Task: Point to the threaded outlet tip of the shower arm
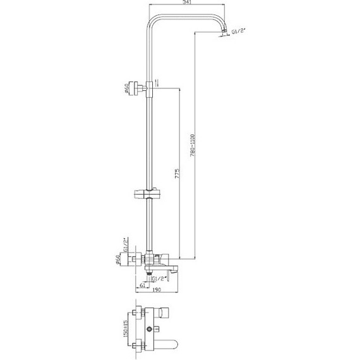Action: [224, 35]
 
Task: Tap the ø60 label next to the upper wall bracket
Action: [127, 88]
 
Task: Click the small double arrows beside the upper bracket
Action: [158, 81]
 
